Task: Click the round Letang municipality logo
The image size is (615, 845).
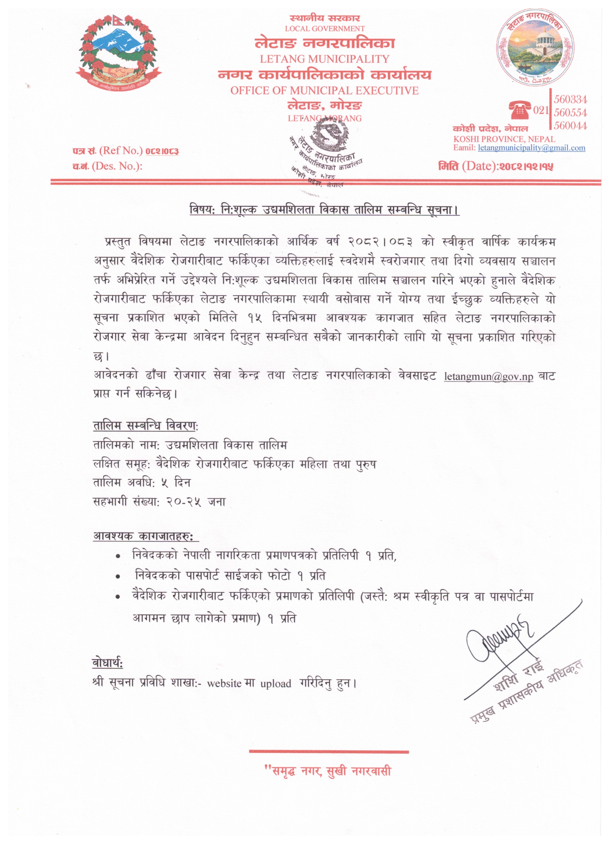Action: coord(534,48)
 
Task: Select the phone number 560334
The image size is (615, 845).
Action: coord(570,100)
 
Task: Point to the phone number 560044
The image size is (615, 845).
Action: coord(570,126)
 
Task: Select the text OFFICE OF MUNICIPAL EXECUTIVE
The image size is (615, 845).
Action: coord(324,91)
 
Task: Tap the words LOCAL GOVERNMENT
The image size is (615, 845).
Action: coord(324,29)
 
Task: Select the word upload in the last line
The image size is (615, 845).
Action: coord(276,683)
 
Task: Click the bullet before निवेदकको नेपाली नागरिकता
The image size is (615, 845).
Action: coord(118,556)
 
